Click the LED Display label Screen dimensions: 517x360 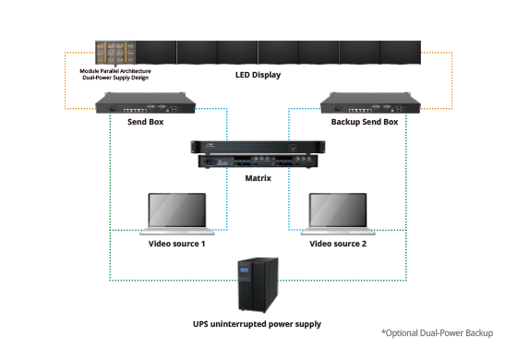(258, 75)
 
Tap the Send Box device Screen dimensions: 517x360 (146, 102)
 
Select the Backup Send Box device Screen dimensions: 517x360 (370, 102)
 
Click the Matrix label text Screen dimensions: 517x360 (258, 178)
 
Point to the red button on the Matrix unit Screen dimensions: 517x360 (294, 148)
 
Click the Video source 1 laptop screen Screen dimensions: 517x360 (177, 210)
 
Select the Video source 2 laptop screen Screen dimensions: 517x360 (338, 210)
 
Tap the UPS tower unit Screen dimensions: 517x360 (258, 285)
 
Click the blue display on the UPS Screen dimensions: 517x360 (245, 270)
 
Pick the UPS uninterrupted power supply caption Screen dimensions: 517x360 (257, 324)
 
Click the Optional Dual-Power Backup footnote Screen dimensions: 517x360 (438, 333)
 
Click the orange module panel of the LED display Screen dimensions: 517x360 (115, 53)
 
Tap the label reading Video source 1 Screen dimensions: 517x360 (176, 244)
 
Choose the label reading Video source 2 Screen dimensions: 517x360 (338, 244)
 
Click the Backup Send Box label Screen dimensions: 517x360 (365, 122)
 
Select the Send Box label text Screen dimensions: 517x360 (146, 122)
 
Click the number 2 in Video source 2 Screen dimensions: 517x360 (364, 244)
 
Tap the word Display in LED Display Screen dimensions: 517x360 (267, 75)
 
